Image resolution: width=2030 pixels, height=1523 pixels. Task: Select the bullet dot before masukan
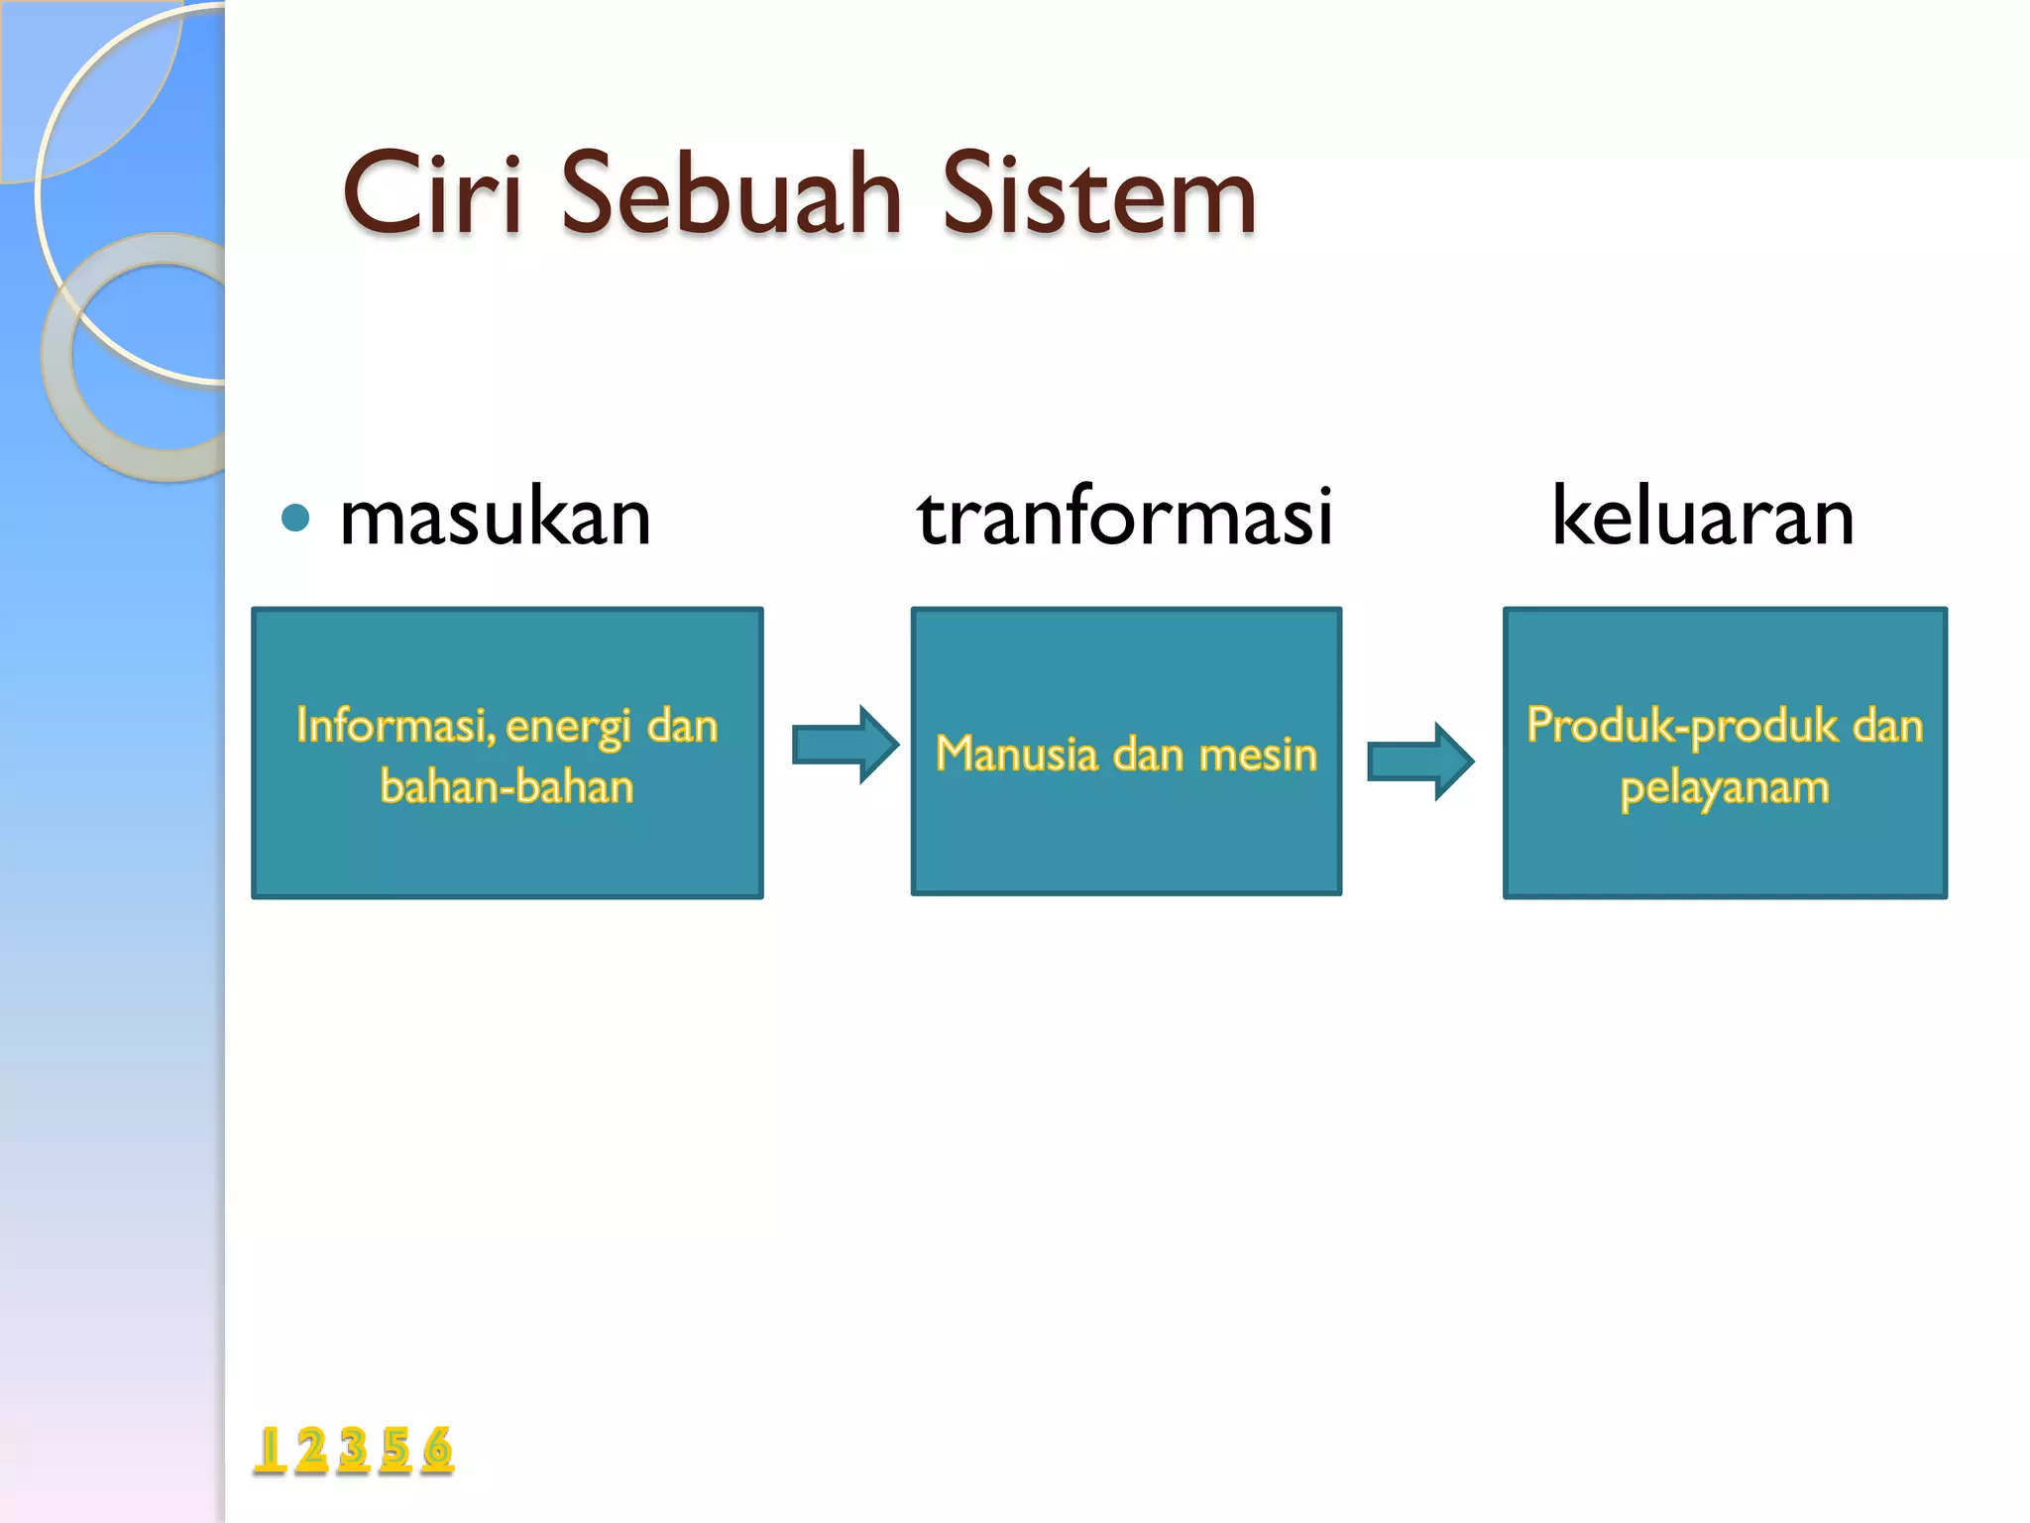coord(295,518)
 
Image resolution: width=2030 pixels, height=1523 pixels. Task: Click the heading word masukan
coord(495,518)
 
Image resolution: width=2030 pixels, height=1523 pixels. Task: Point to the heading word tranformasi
coord(1125,518)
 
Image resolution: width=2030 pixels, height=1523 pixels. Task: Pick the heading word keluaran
coord(1702,518)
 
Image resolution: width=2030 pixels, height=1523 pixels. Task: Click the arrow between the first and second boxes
coord(845,745)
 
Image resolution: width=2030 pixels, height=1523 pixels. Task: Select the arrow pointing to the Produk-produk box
coord(1419,761)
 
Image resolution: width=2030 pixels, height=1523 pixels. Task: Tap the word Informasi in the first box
coord(395,726)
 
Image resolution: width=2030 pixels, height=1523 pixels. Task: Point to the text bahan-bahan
coord(507,787)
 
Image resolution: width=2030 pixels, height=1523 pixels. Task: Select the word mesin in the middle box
coord(1258,755)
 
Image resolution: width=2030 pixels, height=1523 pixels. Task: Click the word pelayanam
coord(1725,788)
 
